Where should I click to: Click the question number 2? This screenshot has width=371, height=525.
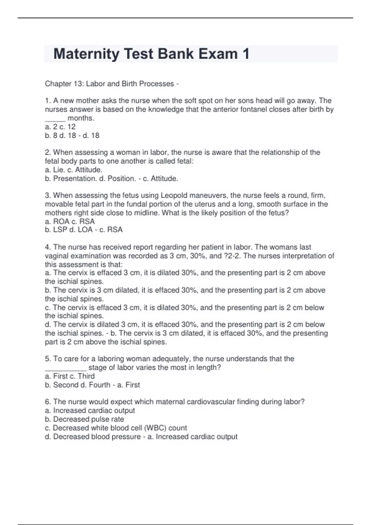48,152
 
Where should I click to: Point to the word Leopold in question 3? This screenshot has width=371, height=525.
173,195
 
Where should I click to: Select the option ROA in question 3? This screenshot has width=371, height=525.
61,221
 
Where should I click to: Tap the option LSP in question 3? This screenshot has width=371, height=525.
60,230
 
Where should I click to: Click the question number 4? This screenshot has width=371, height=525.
48,247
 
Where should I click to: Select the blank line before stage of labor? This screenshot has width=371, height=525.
66,368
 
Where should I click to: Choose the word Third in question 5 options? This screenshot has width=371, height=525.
86,376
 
